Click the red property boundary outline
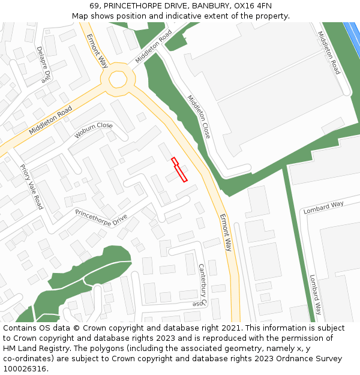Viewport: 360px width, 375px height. point(179,169)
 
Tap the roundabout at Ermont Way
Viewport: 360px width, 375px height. point(117,79)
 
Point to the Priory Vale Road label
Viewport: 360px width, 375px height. point(31,186)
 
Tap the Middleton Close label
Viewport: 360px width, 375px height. point(199,116)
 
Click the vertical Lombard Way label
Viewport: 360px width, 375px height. point(316,295)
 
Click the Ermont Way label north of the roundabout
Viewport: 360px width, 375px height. point(97,50)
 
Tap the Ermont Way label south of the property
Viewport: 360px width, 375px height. point(226,232)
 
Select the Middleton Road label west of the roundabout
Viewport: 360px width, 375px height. point(50,121)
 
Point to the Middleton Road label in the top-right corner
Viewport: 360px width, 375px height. point(329,53)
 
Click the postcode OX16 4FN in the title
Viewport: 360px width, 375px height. point(248,6)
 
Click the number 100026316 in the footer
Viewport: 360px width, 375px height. point(24,369)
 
